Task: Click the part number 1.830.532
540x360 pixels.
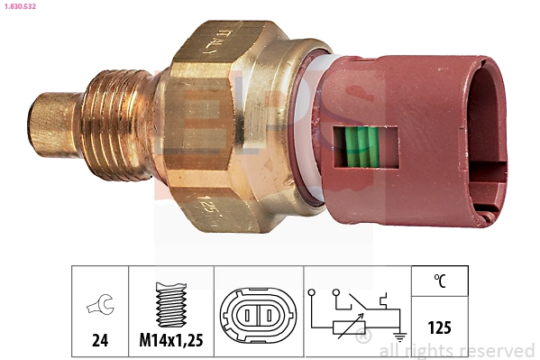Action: click(18, 7)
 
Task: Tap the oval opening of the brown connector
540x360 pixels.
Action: click(486, 135)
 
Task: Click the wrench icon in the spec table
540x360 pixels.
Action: click(100, 306)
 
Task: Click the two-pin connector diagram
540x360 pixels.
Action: click(255, 315)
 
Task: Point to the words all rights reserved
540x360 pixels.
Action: click(457, 350)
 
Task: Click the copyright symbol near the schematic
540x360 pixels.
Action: click(363, 337)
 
